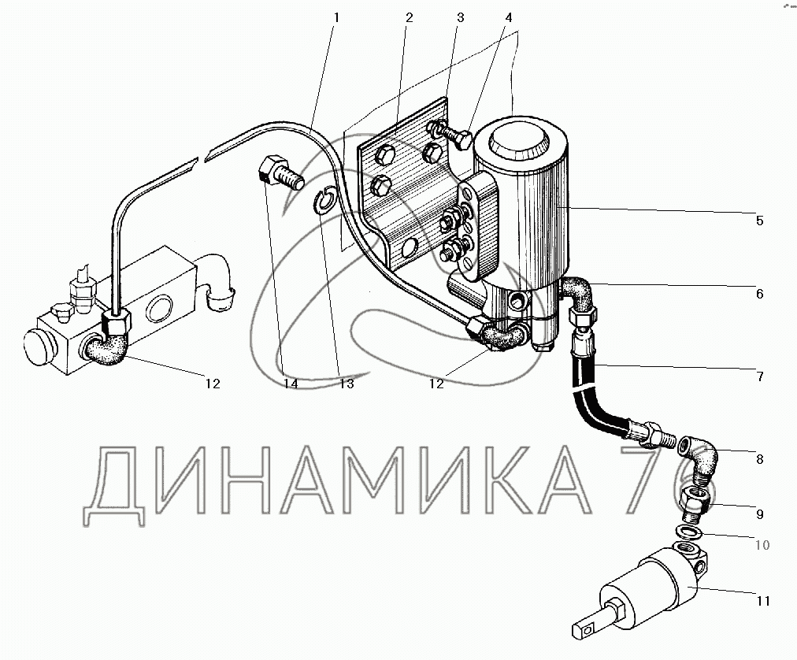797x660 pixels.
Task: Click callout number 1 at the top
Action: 336,17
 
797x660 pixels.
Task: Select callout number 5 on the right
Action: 759,221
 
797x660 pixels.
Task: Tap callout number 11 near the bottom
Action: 763,601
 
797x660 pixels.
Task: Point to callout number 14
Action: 291,384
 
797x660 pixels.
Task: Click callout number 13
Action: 347,384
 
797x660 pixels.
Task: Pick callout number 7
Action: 760,376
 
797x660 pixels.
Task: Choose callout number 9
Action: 760,514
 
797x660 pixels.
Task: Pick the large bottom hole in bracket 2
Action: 409,250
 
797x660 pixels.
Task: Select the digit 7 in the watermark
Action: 651,480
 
